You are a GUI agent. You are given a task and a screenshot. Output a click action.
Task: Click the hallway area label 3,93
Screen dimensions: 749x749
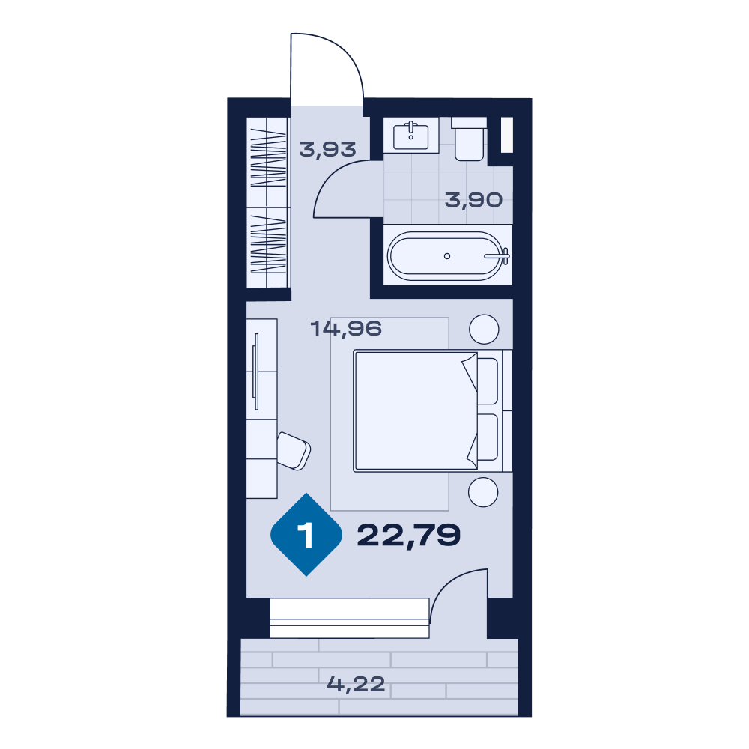[328, 150]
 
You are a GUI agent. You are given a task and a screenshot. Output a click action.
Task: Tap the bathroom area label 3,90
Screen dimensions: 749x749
[473, 200]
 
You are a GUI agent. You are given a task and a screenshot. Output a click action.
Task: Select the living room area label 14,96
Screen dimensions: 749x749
[346, 329]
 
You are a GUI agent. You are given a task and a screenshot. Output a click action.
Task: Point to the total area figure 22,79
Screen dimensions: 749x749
[408, 535]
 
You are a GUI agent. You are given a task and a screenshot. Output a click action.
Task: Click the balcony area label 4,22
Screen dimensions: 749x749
[356, 684]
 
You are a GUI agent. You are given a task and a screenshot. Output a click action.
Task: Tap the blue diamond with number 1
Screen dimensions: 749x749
[306, 535]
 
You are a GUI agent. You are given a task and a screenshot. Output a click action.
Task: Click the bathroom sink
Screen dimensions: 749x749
[410, 136]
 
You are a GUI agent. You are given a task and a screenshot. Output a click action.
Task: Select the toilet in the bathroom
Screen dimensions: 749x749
[469, 139]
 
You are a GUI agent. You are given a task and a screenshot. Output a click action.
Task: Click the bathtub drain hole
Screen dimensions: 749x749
[447, 256]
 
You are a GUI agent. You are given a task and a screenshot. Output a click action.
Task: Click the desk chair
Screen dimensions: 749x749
[294, 451]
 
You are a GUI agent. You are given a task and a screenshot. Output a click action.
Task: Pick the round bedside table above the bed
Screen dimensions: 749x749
[484, 329]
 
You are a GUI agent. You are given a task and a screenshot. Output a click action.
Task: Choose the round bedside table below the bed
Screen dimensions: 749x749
[483, 492]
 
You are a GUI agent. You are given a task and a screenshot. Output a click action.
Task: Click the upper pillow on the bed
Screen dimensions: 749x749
[488, 381]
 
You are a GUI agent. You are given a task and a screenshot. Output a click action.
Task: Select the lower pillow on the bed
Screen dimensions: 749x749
[488, 437]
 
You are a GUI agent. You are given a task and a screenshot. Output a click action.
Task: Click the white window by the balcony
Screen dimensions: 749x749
[350, 618]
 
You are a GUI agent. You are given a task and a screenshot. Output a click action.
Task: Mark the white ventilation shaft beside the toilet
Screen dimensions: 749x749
[507, 135]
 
